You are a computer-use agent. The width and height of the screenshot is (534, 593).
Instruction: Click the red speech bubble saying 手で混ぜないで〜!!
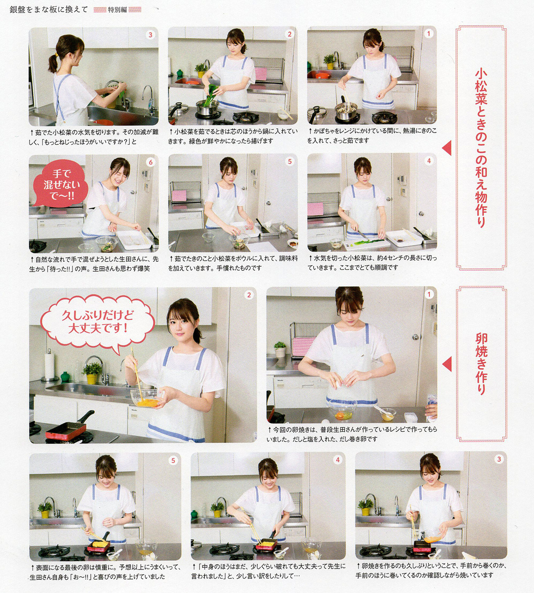pos(60,184)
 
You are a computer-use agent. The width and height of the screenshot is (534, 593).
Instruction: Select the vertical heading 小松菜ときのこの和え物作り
pos(481,148)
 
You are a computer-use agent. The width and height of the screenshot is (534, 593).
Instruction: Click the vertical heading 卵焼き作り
pos(481,364)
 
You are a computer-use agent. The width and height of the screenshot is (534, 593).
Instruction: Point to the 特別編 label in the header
pos(117,10)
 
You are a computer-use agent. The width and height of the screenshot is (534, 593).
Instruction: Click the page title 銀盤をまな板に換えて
pos(49,10)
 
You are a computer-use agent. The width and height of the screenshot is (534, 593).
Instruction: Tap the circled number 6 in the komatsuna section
pos(151,162)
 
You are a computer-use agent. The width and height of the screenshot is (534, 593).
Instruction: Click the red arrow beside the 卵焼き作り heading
pos(447,364)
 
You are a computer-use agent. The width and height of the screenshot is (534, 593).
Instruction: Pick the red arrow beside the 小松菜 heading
pos(447,148)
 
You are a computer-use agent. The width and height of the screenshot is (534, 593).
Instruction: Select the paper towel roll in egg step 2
pos(49,366)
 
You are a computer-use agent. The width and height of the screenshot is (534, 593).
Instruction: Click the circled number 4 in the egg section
pos(338,460)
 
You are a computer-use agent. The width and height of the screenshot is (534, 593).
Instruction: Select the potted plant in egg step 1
pos(280,349)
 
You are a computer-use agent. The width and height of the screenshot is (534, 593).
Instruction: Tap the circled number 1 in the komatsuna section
pos(428,34)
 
